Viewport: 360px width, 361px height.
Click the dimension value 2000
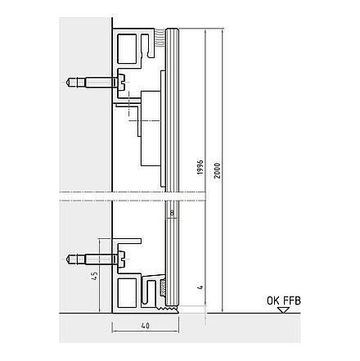pos(217,171)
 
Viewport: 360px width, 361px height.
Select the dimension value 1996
pos(200,168)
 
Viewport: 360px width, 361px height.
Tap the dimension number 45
pos(94,276)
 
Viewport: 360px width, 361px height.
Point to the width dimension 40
pos(146,326)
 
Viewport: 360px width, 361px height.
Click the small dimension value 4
pos(200,287)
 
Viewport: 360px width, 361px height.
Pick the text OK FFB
pos(284,300)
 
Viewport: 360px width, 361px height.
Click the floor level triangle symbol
pos(284,310)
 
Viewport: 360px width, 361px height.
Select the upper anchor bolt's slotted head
pos(122,82)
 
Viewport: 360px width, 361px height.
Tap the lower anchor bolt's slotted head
pos(122,259)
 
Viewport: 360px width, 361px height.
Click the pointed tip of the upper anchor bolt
pos(67,82)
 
